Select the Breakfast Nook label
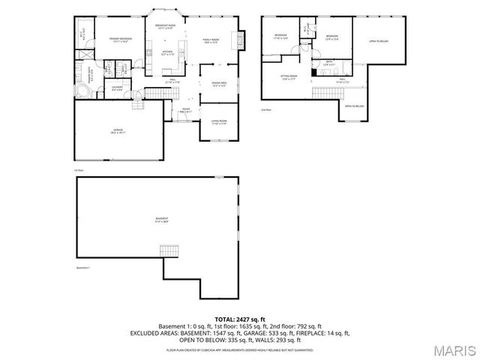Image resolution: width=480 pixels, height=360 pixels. point(165,26)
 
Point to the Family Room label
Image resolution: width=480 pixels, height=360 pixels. point(209,40)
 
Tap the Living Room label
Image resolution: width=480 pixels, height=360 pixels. point(218,121)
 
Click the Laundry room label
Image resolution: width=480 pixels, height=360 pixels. point(117,88)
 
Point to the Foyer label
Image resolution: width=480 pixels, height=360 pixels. point(186,110)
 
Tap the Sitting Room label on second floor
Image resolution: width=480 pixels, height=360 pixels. point(289,76)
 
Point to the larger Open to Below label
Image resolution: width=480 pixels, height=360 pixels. point(379,41)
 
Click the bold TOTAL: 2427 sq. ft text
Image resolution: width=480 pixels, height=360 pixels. point(240,319)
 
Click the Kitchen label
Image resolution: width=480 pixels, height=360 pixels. point(168,52)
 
